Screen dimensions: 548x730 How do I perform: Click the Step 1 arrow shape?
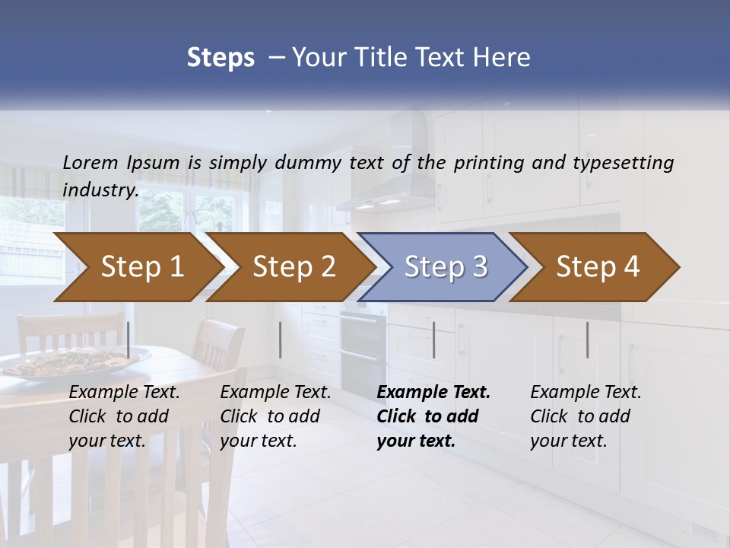pyautogui.click(x=137, y=267)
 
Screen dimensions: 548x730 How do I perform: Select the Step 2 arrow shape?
pyautogui.click(x=289, y=267)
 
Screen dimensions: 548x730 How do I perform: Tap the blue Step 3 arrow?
pyautogui.click(x=441, y=267)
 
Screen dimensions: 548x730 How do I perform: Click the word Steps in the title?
pyautogui.click(x=221, y=57)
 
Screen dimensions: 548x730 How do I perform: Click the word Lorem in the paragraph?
pyautogui.click(x=90, y=162)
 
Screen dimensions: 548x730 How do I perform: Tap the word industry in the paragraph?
pyautogui.click(x=100, y=190)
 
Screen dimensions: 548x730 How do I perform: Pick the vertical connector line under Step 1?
pyautogui.click(x=128, y=339)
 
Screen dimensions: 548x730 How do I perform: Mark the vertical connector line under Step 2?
pyautogui.click(x=281, y=339)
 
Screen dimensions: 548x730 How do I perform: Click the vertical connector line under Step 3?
pyautogui.click(x=433, y=339)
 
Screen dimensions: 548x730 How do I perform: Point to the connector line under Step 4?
pyautogui.click(x=587, y=339)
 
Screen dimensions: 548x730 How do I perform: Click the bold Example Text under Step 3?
pyautogui.click(x=433, y=393)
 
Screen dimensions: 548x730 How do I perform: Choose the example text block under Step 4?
pyautogui.click(x=586, y=416)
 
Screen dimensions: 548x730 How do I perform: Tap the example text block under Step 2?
pyautogui.click(x=275, y=416)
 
